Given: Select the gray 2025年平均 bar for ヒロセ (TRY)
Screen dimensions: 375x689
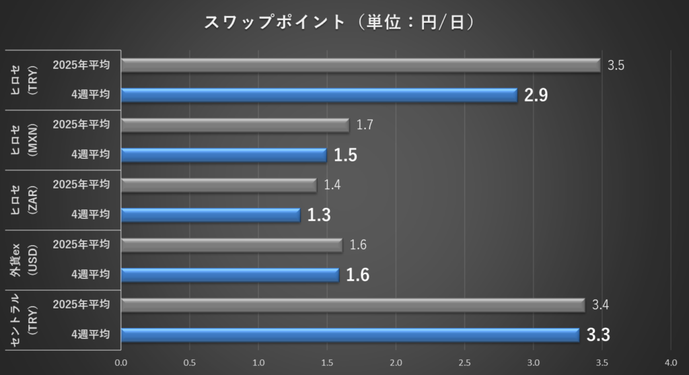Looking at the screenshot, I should [361, 65].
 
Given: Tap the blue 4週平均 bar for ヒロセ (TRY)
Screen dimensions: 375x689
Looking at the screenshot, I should [320, 95].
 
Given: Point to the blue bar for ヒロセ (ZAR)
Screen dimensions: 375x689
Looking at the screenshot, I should [211, 215].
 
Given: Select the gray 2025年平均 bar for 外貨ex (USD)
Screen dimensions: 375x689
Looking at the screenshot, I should [232, 245].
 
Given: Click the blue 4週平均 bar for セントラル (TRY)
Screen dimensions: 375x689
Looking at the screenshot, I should [350, 335].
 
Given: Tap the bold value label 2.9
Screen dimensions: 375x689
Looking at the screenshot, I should [536, 96].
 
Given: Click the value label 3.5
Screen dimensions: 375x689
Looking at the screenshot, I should [616, 65].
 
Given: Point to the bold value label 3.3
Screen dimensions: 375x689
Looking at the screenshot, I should [598, 335].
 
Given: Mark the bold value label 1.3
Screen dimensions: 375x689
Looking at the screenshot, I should [319, 215].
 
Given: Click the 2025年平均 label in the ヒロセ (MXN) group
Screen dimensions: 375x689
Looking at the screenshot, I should [81, 125].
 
